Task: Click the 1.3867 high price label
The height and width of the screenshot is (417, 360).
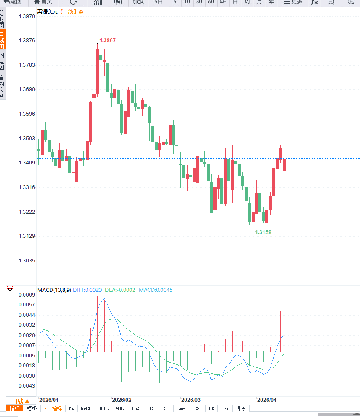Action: click(108, 41)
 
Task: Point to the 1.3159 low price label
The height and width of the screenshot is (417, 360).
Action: click(263, 232)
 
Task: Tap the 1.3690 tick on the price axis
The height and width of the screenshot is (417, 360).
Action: click(26, 90)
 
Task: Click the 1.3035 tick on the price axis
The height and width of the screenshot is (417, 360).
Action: click(26, 261)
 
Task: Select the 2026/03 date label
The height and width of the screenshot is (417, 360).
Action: click(191, 400)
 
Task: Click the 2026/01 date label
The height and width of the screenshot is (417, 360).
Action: click(48, 400)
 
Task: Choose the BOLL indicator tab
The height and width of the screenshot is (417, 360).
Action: click(104, 408)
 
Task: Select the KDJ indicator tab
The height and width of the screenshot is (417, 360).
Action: click(166, 408)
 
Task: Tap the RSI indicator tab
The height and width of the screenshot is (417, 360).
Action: click(198, 408)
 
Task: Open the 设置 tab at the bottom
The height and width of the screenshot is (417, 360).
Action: click(241, 408)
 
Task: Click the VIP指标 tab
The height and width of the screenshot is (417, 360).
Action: click(53, 408)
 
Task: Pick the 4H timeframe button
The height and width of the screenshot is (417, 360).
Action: click(223, 2)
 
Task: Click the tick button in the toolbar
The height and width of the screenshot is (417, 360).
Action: click(138, 2)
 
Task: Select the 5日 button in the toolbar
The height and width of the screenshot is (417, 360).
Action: click(159, 2)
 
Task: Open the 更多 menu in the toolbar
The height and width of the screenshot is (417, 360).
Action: click(293, 2)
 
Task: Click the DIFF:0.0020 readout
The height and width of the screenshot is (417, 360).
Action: click(88, 290)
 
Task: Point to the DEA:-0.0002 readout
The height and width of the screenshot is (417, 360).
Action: click(120, 290)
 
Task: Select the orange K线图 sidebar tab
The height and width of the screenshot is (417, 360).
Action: click(3, 40)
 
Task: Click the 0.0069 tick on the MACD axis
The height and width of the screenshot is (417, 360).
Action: click(26, 295)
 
